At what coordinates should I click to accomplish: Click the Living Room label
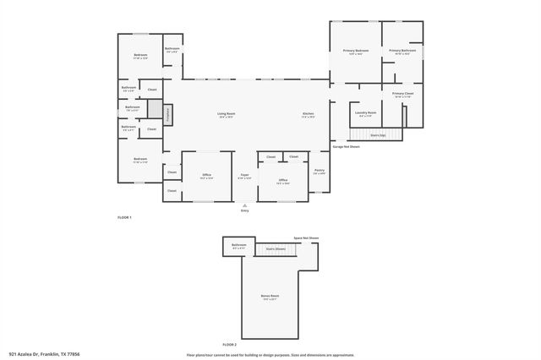226,113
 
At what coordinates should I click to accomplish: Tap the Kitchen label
309,113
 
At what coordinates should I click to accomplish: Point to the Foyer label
244,174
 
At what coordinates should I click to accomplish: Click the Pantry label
319,171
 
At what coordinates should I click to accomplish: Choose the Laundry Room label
365,112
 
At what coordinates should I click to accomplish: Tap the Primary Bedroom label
355,51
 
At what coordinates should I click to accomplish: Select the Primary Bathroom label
402,51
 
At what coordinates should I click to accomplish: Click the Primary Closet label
402,94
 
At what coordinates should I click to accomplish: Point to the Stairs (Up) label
378,134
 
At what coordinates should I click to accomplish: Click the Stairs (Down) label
276,248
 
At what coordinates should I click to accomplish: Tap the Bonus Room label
270,296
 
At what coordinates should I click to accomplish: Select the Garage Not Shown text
346,146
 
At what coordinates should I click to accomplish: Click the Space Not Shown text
306,238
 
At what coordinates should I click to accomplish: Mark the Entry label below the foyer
245,210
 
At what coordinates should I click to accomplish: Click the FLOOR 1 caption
124,218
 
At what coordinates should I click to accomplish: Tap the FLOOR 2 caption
230,345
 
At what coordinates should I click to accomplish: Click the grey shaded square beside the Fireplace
154,108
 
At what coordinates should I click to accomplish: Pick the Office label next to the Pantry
283,179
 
